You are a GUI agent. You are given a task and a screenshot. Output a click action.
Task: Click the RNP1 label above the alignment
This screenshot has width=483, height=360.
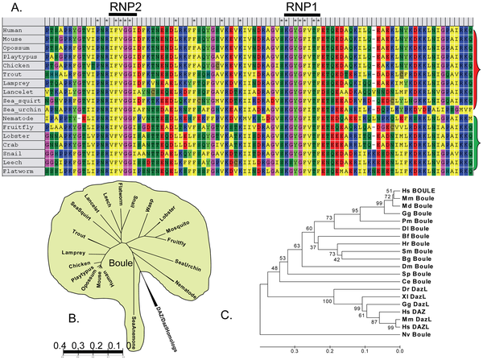point(300,6)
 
